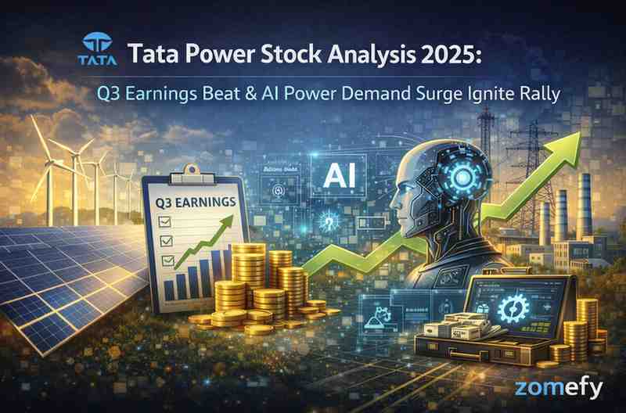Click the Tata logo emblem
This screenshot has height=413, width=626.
98,45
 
